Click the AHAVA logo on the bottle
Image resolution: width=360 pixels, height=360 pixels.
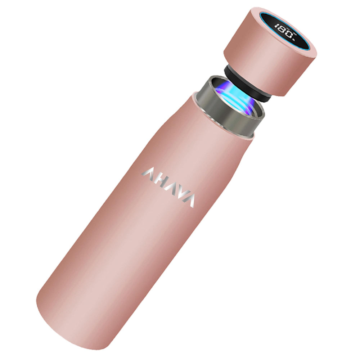(x=168, y=187)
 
